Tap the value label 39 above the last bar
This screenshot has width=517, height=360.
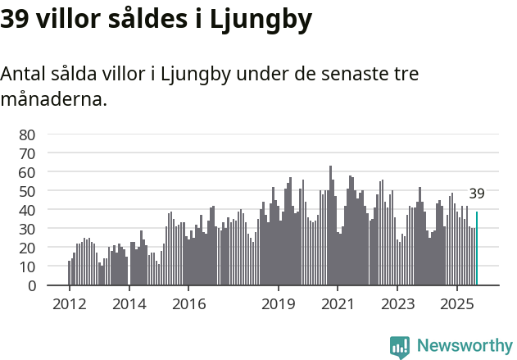pyautogui.click(x=477, y=194)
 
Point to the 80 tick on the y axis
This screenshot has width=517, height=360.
pyautogui.click(x=28, y=134)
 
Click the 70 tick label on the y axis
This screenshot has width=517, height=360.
pyautogui.click(x=28, y=153)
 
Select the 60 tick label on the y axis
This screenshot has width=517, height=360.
pyautogui.click(x=28, y=172)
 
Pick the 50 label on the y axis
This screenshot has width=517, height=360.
pyautogui.click(x=28, y=191)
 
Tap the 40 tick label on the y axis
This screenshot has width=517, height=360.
pyautogui.click(x=28, y=210)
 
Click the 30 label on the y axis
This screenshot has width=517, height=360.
pyautogui.click(x=28, y=229)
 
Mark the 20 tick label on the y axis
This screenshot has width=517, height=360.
pyautogui.click(x=28, y=248)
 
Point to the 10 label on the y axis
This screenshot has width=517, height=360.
pyautogui.click(x=28, y=267)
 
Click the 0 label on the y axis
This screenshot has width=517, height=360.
pyautogui.click(x=31, y=285)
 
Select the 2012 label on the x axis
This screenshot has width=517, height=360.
pyautogui.click(x=69, y=304)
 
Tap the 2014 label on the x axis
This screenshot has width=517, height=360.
pyautogui.click(x=129, y=304)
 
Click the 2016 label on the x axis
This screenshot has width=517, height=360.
pyautogui.click(x=188, y=304)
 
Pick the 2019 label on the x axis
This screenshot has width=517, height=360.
pyautogui.click(x=279, y=304)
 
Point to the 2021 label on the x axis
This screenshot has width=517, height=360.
pyautogui.click(x=338, y=304)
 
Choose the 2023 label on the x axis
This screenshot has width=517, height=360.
pyautogui.click(x=398, y=304)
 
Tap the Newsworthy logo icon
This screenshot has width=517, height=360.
pyautogui.click(x=400, y=347)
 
